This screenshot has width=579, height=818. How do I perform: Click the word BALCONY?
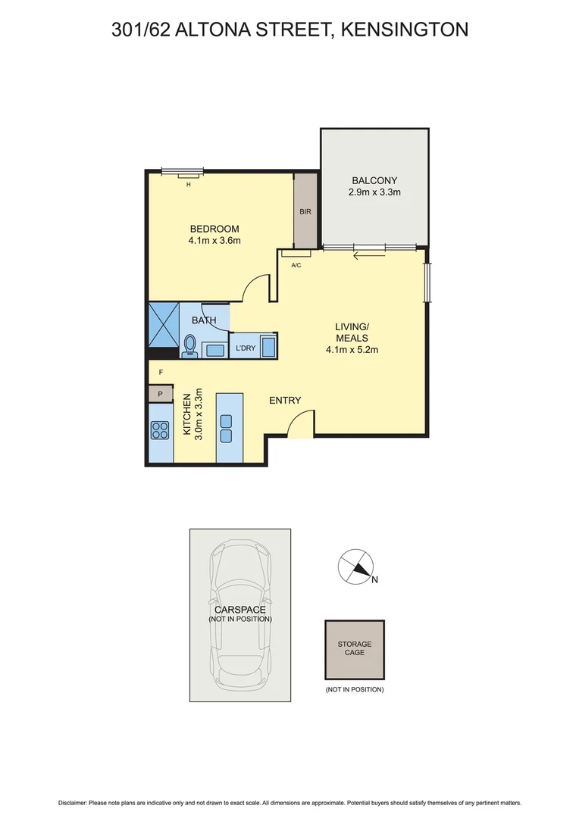[374, 180]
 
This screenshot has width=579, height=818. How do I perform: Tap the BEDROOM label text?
[214, 229]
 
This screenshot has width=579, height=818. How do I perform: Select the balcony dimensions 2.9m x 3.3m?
[374, 192]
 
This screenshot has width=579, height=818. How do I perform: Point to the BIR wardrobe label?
[305, 213]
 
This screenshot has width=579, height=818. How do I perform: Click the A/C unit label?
[296, 266]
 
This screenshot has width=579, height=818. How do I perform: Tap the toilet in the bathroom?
[189, 346]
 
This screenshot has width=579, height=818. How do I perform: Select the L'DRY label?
[245, 348]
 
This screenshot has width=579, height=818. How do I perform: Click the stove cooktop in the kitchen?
[160, 431]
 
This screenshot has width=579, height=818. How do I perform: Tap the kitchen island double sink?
[226, 428]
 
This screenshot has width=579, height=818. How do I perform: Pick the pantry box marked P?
[161, 394]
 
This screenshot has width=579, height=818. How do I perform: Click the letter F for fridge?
[161, 373]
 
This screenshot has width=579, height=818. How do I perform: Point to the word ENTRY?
[285, 401]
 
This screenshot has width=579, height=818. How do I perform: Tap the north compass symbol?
[355, 567]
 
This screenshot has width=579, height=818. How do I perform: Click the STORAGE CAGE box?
[355, 649]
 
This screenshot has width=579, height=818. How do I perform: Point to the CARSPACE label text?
[239, 609]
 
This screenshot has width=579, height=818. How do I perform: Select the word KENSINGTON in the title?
[404, 30]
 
